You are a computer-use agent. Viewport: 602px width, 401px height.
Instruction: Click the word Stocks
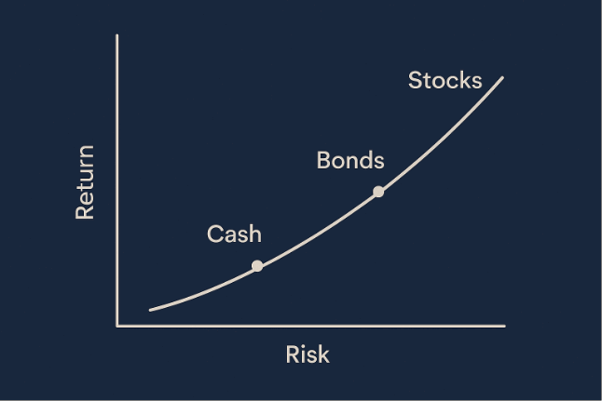pyautogui.click(x=445, y=80)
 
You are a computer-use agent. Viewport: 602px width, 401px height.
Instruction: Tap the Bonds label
pyautogui.click(x=349, y=160)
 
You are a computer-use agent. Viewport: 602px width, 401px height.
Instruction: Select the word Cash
pyautogui.click(x=234, y=234)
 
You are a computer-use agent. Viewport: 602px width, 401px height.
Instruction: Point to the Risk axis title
pyautogui.click(x=308, y=354)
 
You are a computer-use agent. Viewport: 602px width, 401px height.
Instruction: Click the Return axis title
pyautogui.click(x=85, y=181)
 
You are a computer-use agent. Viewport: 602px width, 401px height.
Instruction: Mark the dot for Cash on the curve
pyautogui.click(x=257, y=266)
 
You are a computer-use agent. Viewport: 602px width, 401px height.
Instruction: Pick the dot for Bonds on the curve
pyautogui.click(x=378, y=192)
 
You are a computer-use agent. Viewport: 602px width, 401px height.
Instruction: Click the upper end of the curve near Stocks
pyautogui.click(x=502, y=77)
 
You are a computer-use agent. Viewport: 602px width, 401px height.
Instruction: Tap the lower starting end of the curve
pyautogui.click(x=150, y=309)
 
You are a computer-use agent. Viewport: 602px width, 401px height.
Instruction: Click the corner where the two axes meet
pyautogui.click(x=117, y=326)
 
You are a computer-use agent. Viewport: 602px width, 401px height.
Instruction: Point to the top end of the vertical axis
pyautogui.click(x=117, y=35)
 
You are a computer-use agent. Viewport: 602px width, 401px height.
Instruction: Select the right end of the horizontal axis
pyautogui.click(x=504, y=326)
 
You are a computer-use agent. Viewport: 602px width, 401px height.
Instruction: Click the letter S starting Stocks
pyautogui.click(x=416, y=80)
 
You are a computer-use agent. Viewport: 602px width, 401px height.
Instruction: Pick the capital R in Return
pyautogui.click(x=85, y=211)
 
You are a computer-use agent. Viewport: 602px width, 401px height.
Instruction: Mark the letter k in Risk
pyautogui.click(x=323, y=354)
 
